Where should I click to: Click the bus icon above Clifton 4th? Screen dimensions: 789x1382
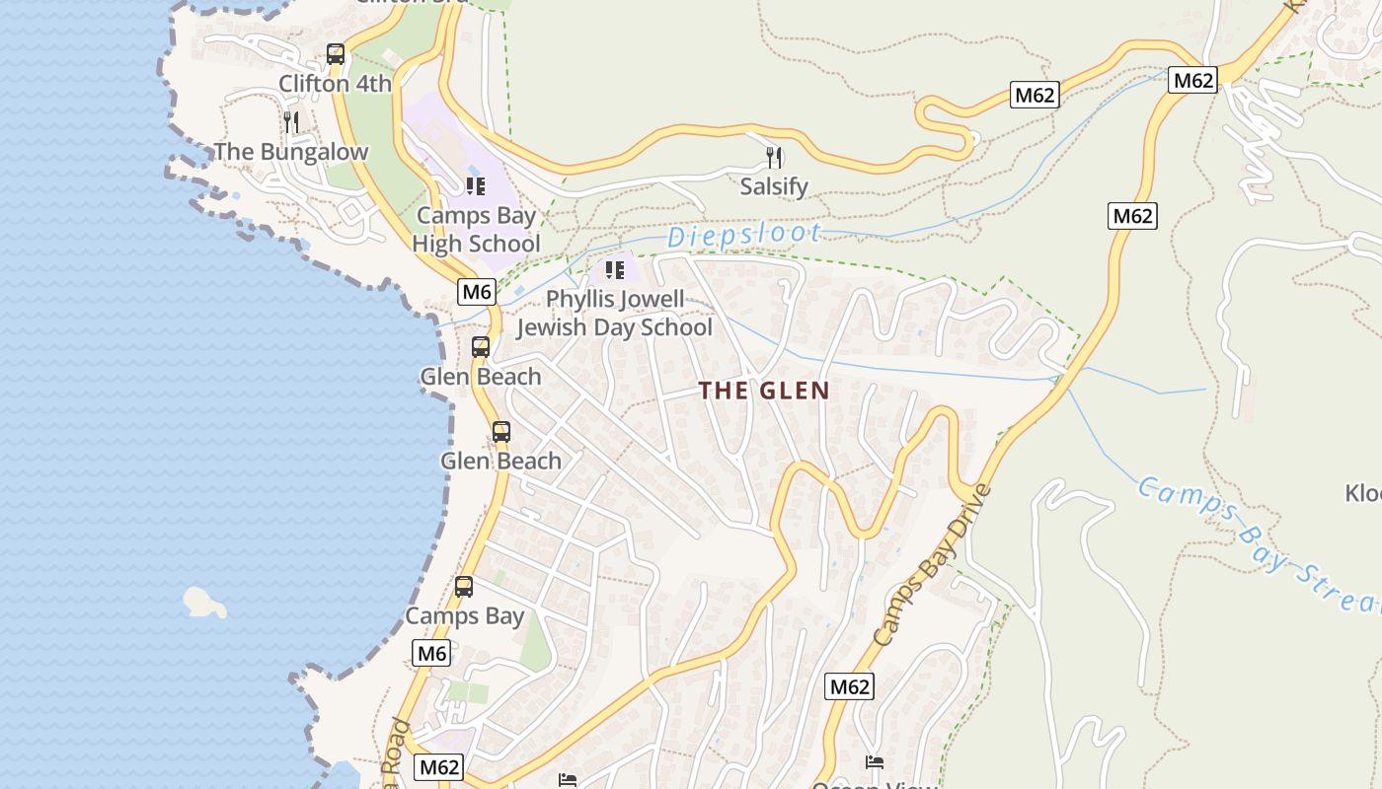pyautogui.click(x=336, y=54)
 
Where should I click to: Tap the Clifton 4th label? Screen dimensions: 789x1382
pyautogui.click(x=335, y=84)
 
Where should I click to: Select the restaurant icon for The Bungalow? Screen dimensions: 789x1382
pyautogui.click(x=291, y=121)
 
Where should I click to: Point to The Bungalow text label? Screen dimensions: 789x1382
pyautogui.click(x=290, y=152)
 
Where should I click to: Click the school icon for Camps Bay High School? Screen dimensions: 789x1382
pyautogui.click(x=476, y=185)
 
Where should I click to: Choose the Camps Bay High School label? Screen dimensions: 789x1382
pyautogui.click(x=477, y=230)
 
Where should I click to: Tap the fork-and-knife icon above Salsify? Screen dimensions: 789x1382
pyautogui.click(x=775, y=157)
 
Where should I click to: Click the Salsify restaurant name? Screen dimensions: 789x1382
pyautogui.click(x=774, y=186)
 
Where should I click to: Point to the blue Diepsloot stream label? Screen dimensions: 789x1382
pyautogui.click(x=744, y=235)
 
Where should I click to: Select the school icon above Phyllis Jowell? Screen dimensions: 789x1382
pyautogui.click(x=615, y=269)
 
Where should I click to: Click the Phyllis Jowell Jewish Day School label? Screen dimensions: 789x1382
pyautogui.click(x=614, y=314)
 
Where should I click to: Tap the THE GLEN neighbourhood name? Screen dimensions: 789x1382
pyautogui.click(x=764, y=391)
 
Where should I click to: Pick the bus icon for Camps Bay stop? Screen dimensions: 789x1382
pyautogui.click(x=464, y=587)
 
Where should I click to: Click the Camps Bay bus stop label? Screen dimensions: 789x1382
pyautogui.click(x=465, y=616)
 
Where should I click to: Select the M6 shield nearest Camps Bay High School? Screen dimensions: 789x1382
pyautogui.click(x=476, y=291)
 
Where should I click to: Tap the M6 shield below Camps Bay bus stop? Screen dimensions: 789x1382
pyautogui.click(x=431, y=653)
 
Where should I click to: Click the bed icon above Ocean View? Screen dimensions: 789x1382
pyautogui.click(x=875, y=762)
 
